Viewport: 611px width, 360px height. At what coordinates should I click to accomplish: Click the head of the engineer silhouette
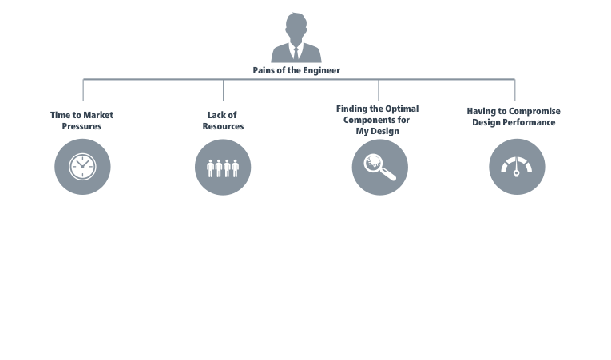point(296,25)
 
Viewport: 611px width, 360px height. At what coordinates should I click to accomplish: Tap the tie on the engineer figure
point(296,50)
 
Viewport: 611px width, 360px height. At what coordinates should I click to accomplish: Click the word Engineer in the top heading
point(320,70)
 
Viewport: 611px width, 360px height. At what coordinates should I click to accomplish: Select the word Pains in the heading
point(264,70)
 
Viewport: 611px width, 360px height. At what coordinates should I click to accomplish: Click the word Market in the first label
point(98,115)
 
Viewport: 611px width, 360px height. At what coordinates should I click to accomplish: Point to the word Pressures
point(82,126)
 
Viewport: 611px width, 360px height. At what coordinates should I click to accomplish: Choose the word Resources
point(223,126)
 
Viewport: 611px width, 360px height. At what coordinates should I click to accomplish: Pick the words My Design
point(378,130)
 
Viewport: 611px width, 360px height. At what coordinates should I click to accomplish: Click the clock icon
point(82,167)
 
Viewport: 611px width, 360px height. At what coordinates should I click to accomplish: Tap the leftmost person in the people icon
point(210,168)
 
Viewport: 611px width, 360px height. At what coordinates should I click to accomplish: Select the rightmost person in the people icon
point(236,168)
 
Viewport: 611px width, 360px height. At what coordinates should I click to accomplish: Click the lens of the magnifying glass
point(374,163)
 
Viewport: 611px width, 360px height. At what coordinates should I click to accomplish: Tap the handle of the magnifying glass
point(389,175)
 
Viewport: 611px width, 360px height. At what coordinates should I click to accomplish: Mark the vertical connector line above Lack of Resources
point(223,89)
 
